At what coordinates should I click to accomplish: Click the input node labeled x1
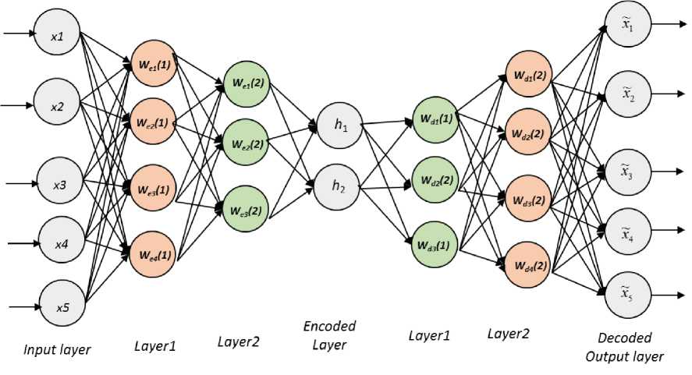57,36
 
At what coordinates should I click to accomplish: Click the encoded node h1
338,125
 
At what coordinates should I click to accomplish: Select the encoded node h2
338,185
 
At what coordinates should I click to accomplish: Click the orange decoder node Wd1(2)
528,76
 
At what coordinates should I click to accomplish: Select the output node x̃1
627,26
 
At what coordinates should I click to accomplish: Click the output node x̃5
627,293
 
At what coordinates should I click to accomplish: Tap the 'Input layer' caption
57,350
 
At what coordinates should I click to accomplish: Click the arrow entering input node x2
20,104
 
